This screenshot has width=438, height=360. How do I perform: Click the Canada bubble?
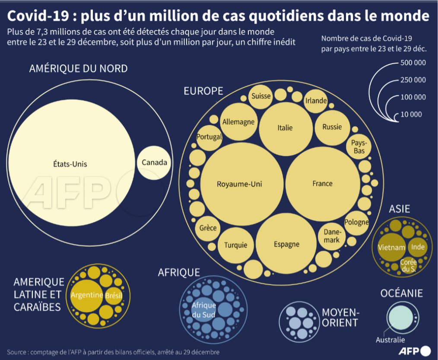[x=154, y=162]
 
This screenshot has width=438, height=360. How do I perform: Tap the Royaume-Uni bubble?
[x=239, y=184]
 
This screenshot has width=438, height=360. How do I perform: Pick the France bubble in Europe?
[x=323, y=184]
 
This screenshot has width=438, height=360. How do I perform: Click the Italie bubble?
[x=285, y=127]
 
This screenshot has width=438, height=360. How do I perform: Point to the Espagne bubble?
[x=286, y=244]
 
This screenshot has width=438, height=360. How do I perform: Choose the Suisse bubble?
[x=261, y=96]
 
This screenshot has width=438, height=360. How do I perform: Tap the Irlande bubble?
[x=316, y=101]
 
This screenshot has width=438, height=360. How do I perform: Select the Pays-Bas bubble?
[x=359, y=147]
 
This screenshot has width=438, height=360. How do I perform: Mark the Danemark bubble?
[x=331, y=236]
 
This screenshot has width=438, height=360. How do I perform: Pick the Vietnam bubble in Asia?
[x=391, y=248]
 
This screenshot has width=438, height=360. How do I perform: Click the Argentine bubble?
[x=87, y=296]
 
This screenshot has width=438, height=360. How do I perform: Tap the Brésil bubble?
[x=114, y=296]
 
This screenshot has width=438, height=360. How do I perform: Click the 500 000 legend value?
[x=413, y=63]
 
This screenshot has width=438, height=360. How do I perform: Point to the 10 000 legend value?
[x=411, y=115]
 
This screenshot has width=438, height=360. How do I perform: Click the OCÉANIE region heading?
[x=402, y=294]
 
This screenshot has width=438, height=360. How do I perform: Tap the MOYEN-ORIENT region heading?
[x=341, y=318]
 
